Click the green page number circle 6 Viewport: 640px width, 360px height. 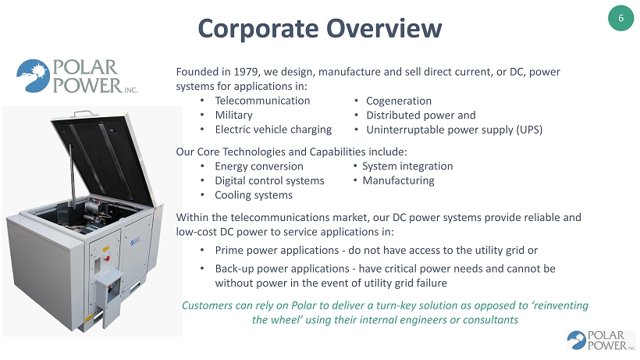click(620, 18)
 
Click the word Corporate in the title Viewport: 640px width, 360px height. click(258, 29)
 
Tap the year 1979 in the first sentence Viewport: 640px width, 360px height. click(245, 71)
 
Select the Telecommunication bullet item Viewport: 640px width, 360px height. click(262, 101)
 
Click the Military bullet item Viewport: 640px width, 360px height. click(234, 115)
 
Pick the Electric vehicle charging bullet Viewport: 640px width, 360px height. click(273, 130)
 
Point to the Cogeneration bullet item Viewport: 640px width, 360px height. click(399, 101)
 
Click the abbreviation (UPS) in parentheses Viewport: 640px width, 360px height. click(529, 130)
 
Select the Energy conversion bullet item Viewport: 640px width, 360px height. click(259, 166)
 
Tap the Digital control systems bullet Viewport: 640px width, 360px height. click(269, 180)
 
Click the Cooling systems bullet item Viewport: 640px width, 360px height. click(254, 195)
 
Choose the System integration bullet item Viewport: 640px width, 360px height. click(407, 166)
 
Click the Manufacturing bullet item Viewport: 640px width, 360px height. click(398, 180)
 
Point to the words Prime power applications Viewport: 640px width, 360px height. click(277, 250)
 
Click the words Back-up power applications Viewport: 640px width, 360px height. click(283, 269)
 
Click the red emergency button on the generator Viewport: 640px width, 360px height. click(108, 258)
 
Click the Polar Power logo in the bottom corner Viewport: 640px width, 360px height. click(601, 340)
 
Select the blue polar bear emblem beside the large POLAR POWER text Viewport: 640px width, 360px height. click(33, 76)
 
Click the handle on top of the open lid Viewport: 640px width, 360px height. click(85, 113)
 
